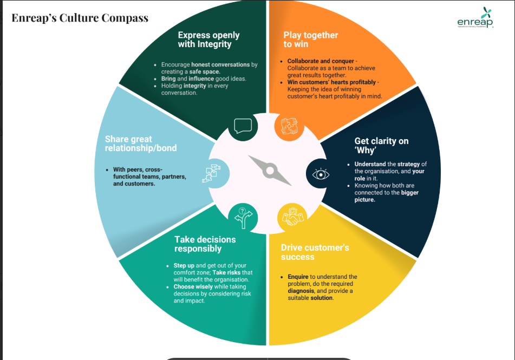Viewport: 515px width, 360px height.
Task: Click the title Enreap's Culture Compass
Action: [80, 18]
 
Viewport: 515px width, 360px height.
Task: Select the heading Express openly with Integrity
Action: [208, 40]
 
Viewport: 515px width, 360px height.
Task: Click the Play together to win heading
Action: [310, 40]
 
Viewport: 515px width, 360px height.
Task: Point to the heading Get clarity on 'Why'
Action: [381, 145]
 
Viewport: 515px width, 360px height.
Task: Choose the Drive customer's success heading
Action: [315, 252]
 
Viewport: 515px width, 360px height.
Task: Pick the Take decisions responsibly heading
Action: [205, 244]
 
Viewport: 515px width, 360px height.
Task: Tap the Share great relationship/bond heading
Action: [141, 143]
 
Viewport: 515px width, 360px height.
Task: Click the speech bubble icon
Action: [243, 126]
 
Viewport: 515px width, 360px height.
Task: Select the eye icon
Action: [320, 174]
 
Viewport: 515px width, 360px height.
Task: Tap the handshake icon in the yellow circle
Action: [291, 217]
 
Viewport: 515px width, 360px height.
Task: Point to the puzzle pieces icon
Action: [212, 173]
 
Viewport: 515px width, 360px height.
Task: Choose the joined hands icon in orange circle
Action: [289, 126]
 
